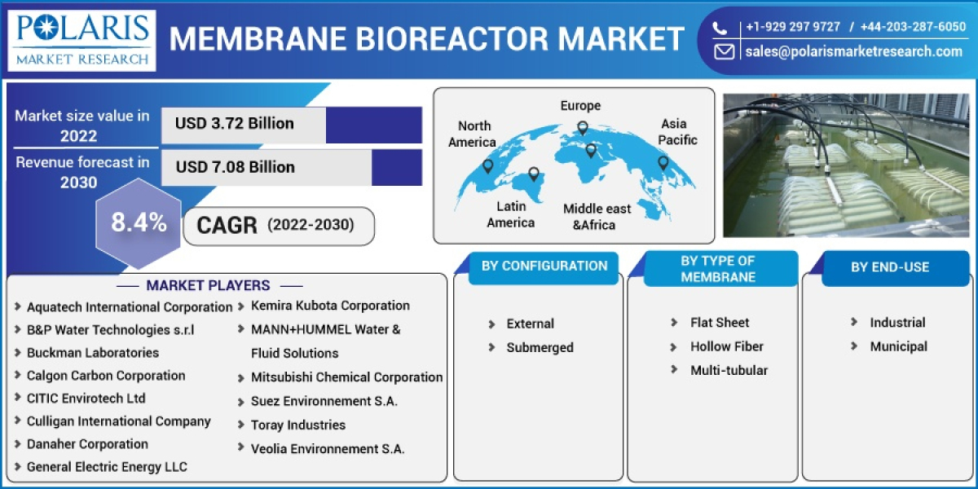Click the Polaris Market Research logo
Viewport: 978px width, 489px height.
pyautogui.click(x=82, y=38)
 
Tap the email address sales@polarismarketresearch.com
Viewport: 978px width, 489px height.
pyautogui.click(x=853, y=51)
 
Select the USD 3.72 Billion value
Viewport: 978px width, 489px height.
pyautogui.click(x=235, y=124)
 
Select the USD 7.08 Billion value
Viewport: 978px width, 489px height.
pyautogui.click(x=235, y=167)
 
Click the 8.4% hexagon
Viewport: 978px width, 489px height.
pyautogui.click(x=139, y=222)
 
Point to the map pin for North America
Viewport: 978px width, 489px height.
pyautogui.click(x=487, y=166)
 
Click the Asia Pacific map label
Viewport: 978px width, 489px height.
pyautogui.click(x=677, y=132)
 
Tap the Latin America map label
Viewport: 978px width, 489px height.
pyautogui.click(x=511, y=214)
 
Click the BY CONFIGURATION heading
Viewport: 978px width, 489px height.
pyautogui.click(x=544, y=266)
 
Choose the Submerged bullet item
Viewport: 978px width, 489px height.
pyautogui.click(x=540, y=347)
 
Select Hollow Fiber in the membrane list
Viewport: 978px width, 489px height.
pyautogui.click(x=726, y=346)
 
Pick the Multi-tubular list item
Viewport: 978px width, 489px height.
pyautogui.click(x=729, y=370)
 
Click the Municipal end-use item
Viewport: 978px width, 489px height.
pyautogui.click(x=898, y=346)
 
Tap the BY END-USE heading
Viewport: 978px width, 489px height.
pyautogui.click(x=889, y=267)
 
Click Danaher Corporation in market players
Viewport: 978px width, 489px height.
pyautogui.click(x=87, y=444)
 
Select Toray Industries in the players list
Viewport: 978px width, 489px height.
pyautogui.click(x=297, y=425)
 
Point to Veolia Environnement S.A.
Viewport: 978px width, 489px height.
pyautogui.click(x=328, y=448)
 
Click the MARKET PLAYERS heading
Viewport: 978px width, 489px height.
pyautogui.click(x=208, y=285)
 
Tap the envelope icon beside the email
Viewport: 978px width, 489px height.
pyautogui.click(x=724, y=51)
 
